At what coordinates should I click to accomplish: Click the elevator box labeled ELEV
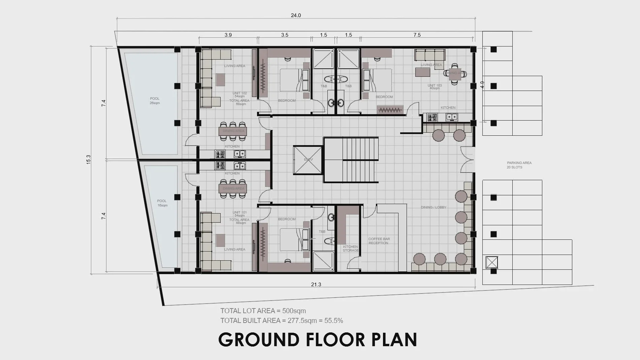[x=308, y=160]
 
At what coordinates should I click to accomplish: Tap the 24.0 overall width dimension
[x=296, y=15]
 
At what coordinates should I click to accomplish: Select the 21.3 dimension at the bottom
[x=316, y=285]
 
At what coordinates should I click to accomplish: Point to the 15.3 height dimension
[x=88, y=159]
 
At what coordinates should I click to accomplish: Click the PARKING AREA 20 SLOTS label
[x=519, y=165]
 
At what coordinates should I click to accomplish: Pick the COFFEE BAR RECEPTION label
[x=379, y=241]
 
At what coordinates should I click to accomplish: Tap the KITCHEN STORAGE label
[x=351, y=249]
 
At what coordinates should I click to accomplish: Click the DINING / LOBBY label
[x=433, y=207]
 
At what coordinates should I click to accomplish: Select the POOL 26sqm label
[x=155, y=101]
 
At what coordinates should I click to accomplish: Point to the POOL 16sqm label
[x=162, y=203]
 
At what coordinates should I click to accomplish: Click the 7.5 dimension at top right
[x=417, y=35]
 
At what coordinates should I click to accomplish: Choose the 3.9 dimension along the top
[x=228, y=35]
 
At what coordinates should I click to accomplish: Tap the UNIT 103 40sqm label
[x=435, y=87]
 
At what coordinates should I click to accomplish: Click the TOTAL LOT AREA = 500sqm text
[x=263, y=311]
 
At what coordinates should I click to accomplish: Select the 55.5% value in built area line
[x=333, y=321]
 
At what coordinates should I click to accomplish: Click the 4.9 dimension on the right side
[x=482, y=85]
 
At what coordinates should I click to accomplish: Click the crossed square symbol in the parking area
[x=492, y=262]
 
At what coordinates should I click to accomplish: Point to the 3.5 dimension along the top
[x=284, y=35]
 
